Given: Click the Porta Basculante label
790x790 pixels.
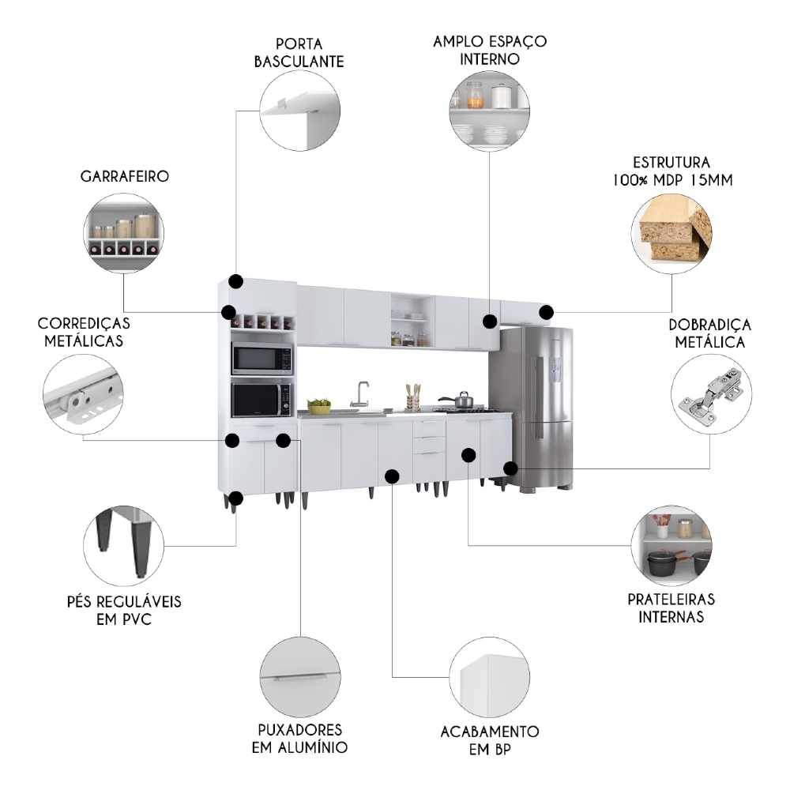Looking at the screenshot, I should [299, 51].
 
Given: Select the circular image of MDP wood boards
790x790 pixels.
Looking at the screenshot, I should [671, 230].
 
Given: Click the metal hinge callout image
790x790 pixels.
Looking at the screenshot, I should [710, 394].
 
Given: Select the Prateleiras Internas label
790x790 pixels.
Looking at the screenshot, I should [671, 607].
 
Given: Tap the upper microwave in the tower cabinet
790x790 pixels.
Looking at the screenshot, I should [261, 360].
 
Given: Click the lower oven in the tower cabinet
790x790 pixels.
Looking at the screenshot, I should [261, 401].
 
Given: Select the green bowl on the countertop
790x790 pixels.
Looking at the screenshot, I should [319, 407].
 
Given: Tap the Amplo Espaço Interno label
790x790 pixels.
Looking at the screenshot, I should [490, 49].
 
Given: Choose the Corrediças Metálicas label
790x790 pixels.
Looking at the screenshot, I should [84, 332].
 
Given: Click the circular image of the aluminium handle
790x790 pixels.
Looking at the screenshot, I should [299, 676].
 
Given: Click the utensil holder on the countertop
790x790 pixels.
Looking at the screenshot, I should [412, 401].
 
